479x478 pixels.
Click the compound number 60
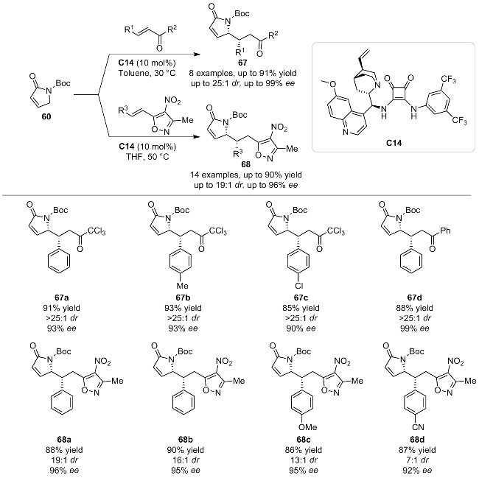(x=46, y=117)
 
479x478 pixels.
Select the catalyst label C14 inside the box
(x=394, y=143)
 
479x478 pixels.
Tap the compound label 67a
(x=61, y=298)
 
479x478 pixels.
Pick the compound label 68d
(x=417, y=440)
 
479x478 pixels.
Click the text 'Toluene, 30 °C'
(x=147, y=73)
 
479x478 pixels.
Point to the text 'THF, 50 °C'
(x=147, y=157)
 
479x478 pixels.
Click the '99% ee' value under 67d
(x=415, y=328)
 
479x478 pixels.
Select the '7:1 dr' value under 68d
(x=417, y=460)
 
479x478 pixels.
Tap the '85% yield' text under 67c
(x=301, y=308)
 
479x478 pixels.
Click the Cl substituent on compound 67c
(x=299, y=286)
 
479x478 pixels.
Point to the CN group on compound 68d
(x=418, y=427)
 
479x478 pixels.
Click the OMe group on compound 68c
(x=308, y=427)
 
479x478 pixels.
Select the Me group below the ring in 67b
(x=182, y=286)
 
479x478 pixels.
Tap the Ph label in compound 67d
(x=445, y=231)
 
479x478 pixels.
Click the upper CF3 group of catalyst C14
(x=448, y=80)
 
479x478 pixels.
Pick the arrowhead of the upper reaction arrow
(x=197, y=55)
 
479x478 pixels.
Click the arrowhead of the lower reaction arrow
(x=197, y=137)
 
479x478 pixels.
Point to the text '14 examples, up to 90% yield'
(x=246, y=175)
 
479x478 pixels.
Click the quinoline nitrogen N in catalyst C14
(x=345, y=132)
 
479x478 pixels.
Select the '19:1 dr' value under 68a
(x=63, y=460)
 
